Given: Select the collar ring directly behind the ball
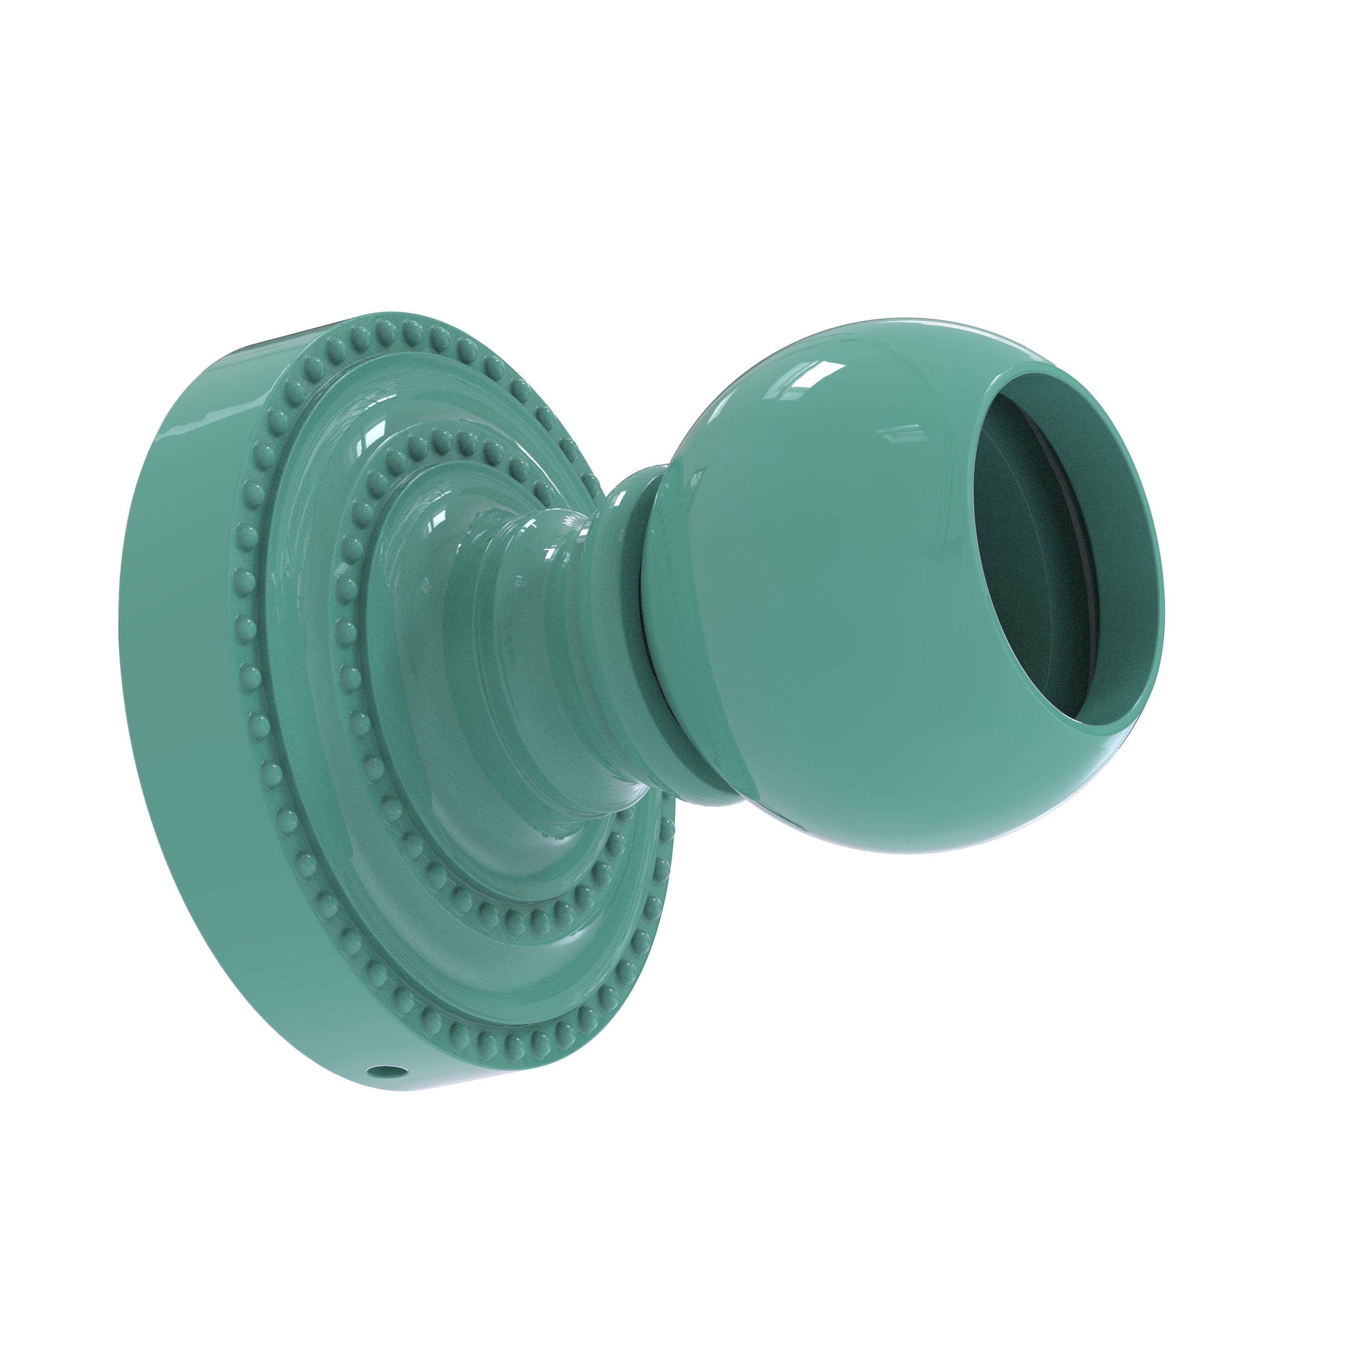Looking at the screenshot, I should (x=629, y=601).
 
